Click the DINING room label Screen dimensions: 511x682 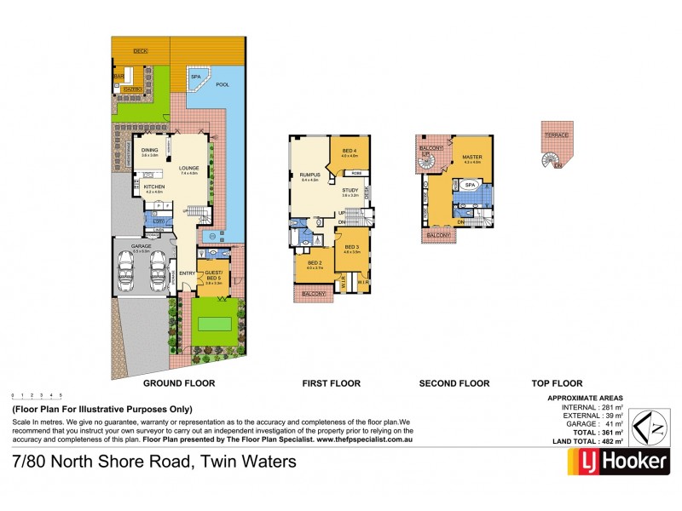150,149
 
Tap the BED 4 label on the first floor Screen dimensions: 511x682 350,151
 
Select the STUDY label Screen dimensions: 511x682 350,191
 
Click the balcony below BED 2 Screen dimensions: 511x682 315,294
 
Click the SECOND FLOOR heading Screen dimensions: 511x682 454,384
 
